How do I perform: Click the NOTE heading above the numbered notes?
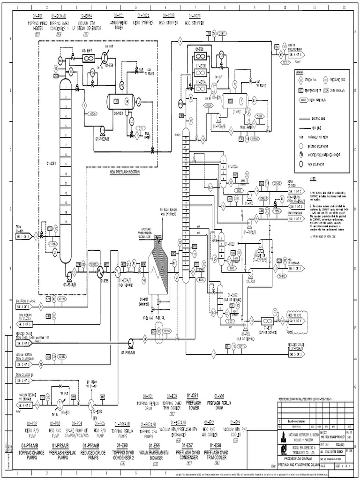click(x=313, y=179)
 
